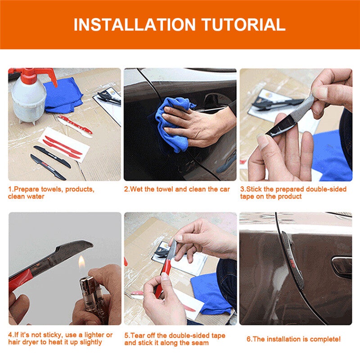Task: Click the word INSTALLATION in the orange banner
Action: pos(135,25)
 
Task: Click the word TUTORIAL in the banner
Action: pos(243,25)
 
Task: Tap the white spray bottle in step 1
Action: pos(29,99)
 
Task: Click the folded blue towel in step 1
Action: pos(63,96)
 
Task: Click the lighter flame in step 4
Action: pos(82,262)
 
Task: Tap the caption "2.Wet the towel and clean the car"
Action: pos(177,189)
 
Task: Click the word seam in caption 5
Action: pos(200,343)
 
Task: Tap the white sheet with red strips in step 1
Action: pos(63,144)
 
